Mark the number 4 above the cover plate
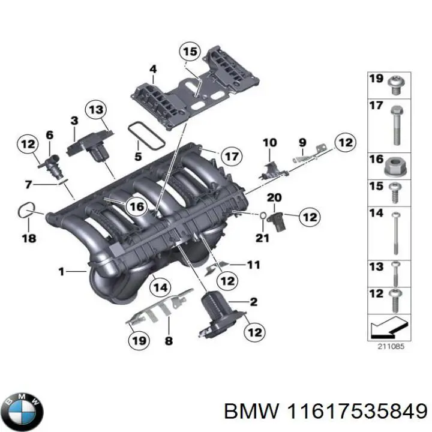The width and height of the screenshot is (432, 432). (153, 70)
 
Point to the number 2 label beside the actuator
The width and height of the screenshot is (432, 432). (253, 301)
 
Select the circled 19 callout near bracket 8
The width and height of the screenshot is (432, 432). (138, 341)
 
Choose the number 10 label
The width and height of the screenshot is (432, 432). (269, 143)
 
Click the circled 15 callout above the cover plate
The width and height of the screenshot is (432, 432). (190, 52)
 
